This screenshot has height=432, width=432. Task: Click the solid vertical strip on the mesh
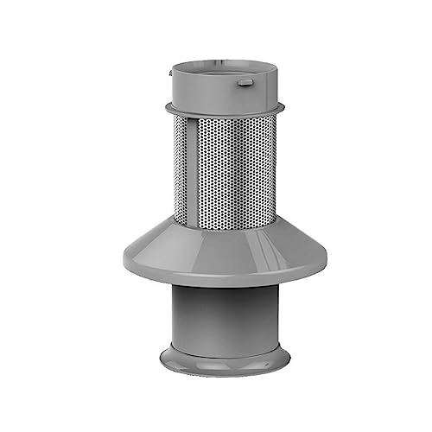[182, 168]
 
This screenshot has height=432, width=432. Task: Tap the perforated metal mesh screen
[229, 168]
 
